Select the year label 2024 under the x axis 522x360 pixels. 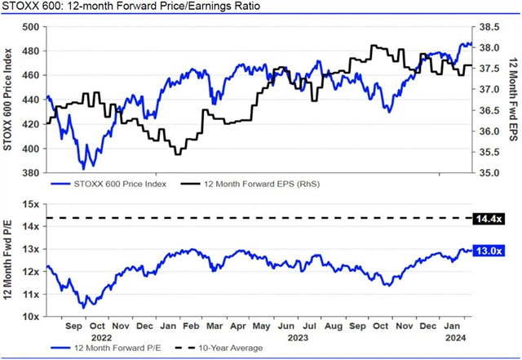[454, 336]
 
